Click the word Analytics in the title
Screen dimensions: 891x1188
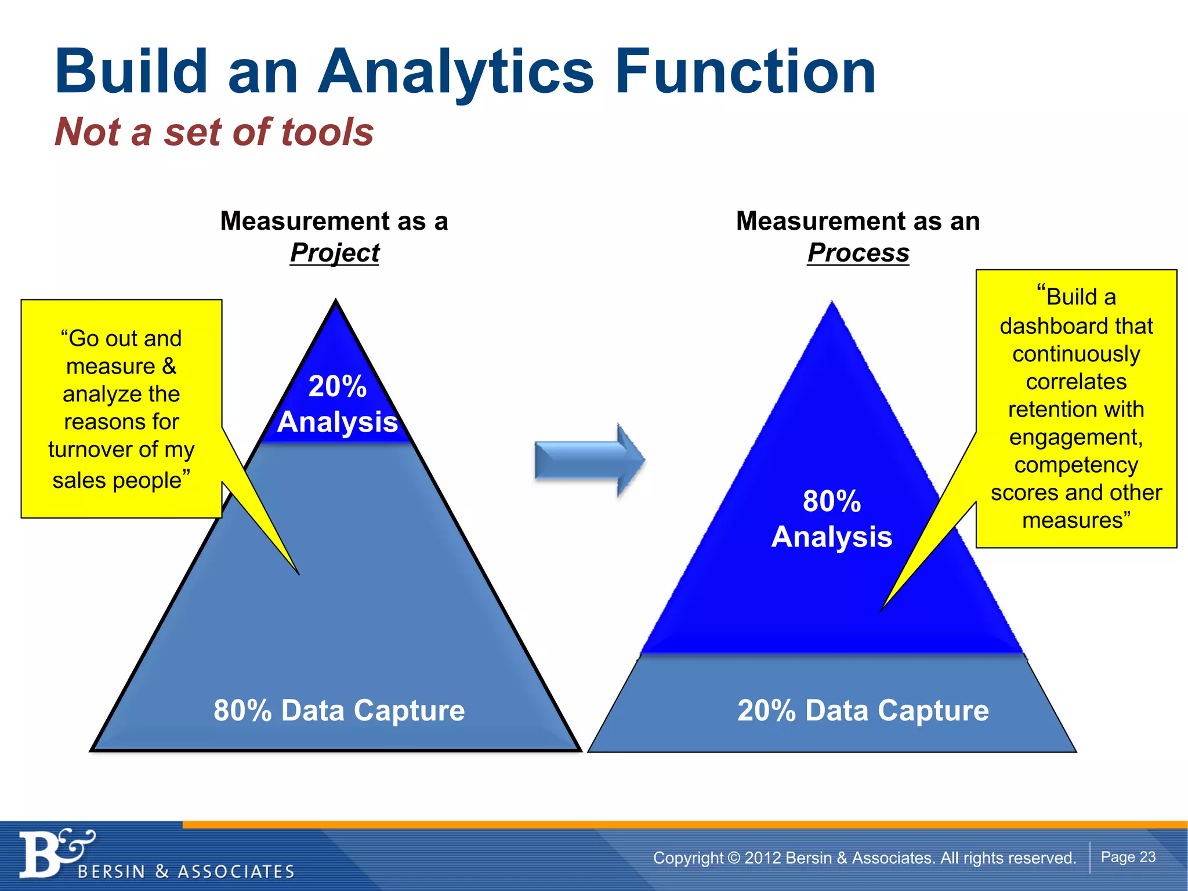(455, 73)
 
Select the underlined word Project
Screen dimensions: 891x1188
(335, 253)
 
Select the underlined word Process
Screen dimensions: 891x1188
(858, 253)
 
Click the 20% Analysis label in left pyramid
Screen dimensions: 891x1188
(338, 404)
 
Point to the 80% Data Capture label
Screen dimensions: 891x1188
(339, 711)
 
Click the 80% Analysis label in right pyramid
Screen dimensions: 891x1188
(832, 519)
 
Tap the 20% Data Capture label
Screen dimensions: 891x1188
(863, 711)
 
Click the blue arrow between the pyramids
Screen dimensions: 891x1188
(589, 460)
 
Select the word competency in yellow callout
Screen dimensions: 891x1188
(1076, 465)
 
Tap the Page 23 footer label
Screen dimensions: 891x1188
(1128, 857)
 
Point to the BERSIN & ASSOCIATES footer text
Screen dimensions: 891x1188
(186, 871)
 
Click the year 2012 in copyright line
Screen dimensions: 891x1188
(762, 858)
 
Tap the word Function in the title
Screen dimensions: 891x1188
(745, 73)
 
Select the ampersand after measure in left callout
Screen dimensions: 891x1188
(169, 367)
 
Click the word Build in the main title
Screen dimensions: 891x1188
(131, 73)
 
